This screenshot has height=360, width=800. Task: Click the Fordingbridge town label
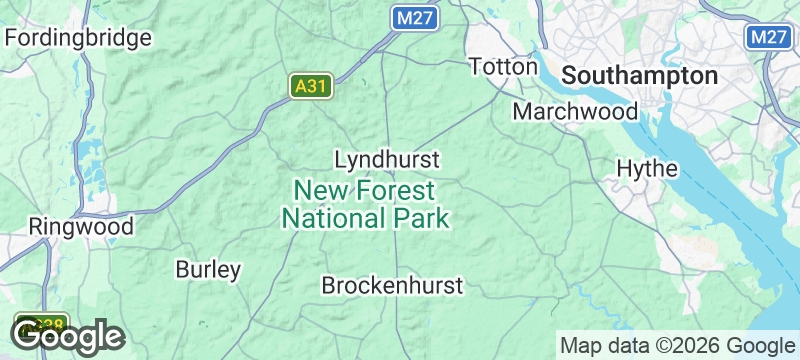click(79, 39)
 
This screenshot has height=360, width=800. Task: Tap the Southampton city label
click(640, 76)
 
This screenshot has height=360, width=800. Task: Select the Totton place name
click(504, 67)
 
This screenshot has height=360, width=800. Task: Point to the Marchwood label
click(575, 111)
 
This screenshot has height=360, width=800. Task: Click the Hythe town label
click(647, 168)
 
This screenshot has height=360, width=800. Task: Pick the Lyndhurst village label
click(387, 160)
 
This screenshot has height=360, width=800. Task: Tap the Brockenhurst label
click(392, 286)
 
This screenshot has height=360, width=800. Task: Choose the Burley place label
click(208, 270)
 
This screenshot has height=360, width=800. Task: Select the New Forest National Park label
click(365, 204)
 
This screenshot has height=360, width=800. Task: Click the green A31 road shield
click(311, 87)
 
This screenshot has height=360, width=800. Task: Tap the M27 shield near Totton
click(413, 18)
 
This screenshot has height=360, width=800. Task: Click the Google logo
click(68, 337)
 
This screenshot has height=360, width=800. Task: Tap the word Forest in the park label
click(397, 190)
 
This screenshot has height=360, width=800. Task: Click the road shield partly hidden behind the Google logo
click(42, 323)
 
